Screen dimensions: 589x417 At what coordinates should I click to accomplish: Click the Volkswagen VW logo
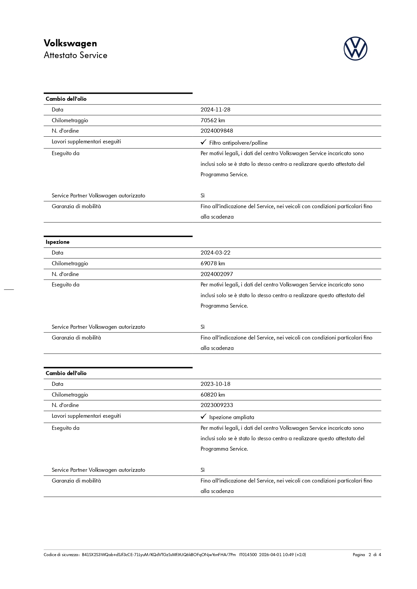pyautogui.click(x=355, y=49)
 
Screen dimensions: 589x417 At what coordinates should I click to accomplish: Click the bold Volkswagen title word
pyautogui.click(x=70, y=43)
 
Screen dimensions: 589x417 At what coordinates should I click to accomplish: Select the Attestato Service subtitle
pyautogui.click(x=75, y=55)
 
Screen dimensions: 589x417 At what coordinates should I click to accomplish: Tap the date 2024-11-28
pyautogui.click(x=215, y=110)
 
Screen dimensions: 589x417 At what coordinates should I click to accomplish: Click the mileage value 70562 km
pyautogui.click(x=213, y=120)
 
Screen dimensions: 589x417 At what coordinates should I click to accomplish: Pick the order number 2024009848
pyautogui.click(x=217, y=131)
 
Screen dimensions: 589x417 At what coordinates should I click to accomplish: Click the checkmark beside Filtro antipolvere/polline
pyautogui.click(x=203, y=142)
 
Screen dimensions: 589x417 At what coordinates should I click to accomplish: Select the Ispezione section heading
pyautogui.click(x=57, y=242)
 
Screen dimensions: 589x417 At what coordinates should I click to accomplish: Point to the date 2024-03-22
pyautogui.click(x=215, y=253)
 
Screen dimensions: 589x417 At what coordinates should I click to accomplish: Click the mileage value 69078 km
pyautogui.click(x=213, y=263)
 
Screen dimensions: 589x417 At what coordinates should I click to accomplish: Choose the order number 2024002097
pyautogui.click(x=217, y=274)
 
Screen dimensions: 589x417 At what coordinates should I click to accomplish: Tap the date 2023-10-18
pyautogui.click(x=215, y=384)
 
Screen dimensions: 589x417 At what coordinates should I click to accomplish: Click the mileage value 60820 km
pyautogui.click(x=213, y=395)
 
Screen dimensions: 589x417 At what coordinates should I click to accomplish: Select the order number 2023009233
pyautogui.click(x=217, y=405)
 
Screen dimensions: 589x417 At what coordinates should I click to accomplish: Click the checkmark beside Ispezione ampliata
pyautogui.click(x=203, y=417)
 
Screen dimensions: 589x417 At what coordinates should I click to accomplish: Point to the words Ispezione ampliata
pyautogui.click(x=232, y=417)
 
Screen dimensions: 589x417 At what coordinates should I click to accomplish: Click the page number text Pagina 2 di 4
pyautogui.click(x=367, y=555)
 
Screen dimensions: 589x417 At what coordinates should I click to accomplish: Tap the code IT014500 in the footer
pyautogui.click(x=248, y=555)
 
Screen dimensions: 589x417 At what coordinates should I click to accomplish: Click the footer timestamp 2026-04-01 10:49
pyautogui.click(x=277, y=555)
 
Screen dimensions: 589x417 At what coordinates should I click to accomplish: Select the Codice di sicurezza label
pyautogui.click(x=61, y=555)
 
